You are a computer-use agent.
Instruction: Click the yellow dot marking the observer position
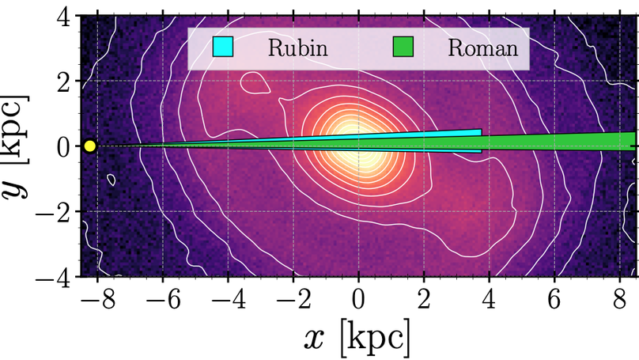click(x=89, y=146)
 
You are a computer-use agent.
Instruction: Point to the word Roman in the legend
click(x=483, y=48)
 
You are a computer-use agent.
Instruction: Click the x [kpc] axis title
click(x=357, y=339)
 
